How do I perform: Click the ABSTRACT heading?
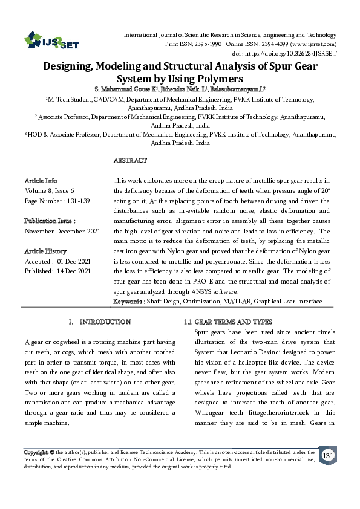point(130,161)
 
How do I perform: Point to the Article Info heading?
point(41,181)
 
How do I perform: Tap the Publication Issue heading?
point(49,221)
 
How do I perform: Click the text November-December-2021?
point(62,231)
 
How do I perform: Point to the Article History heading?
point(45,251)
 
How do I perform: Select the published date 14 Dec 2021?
point(75,271)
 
